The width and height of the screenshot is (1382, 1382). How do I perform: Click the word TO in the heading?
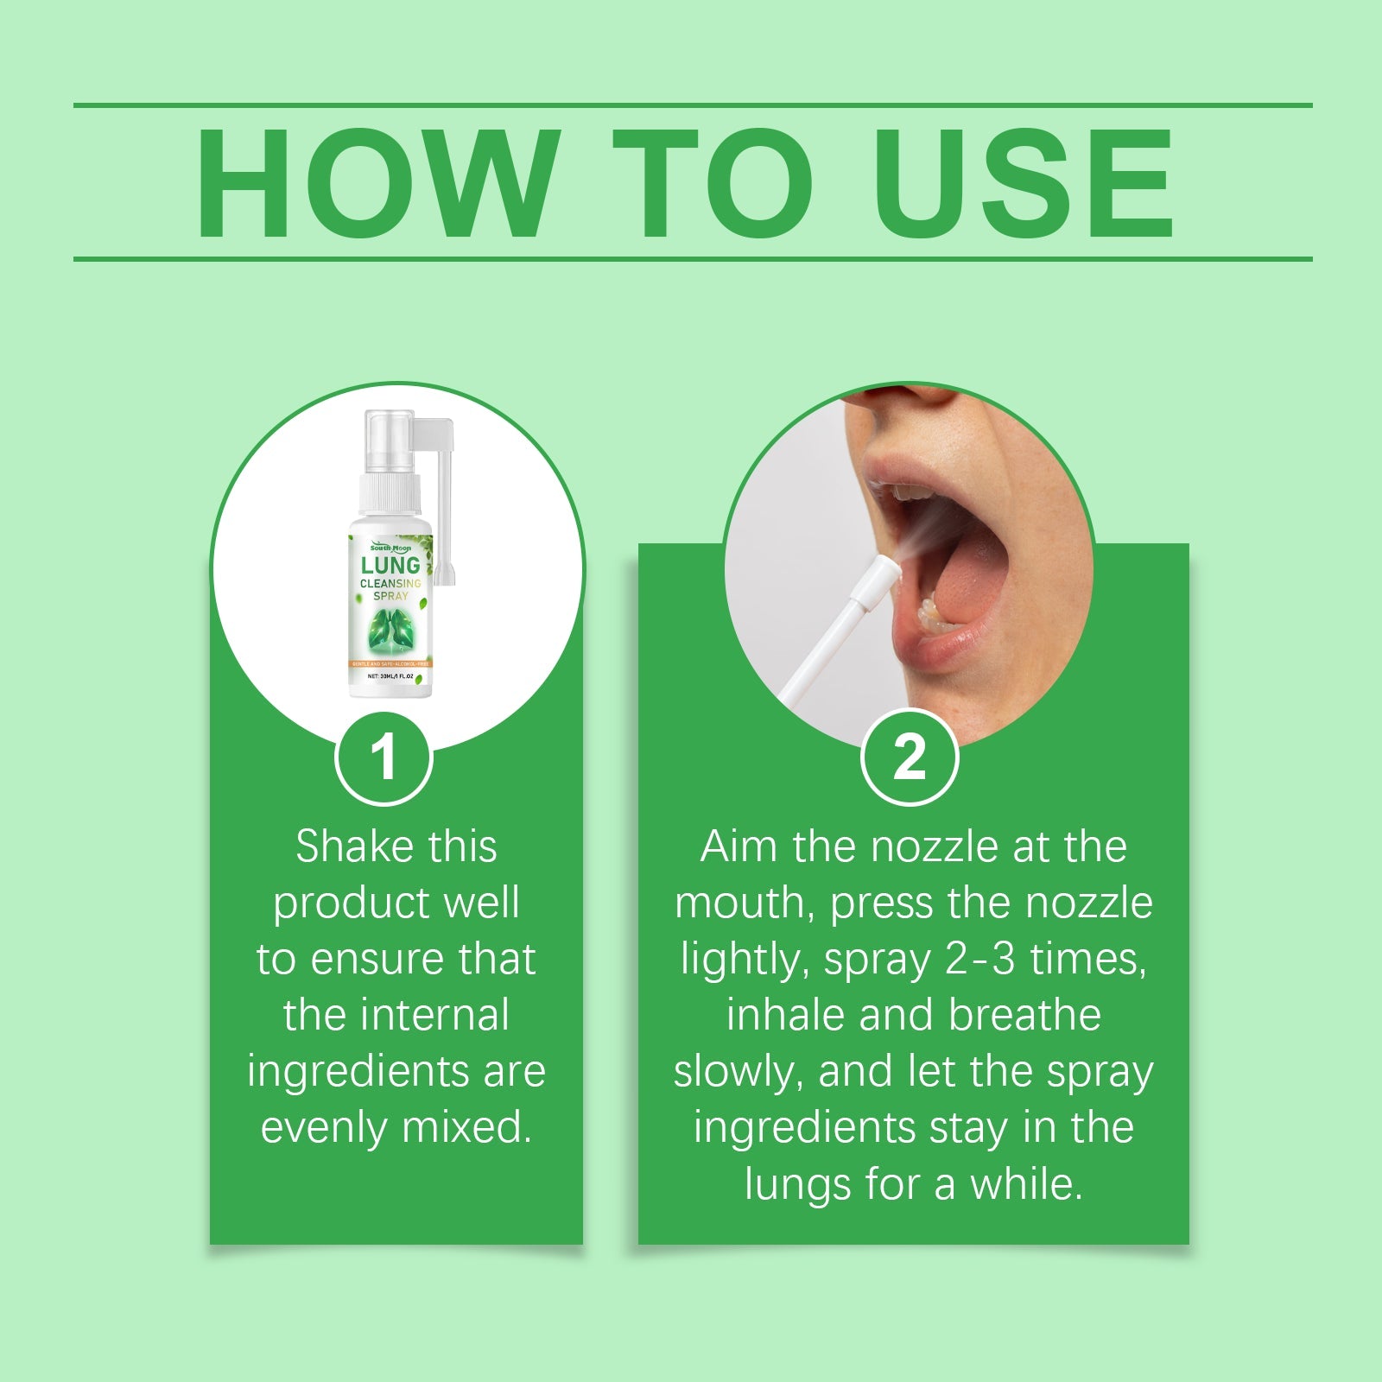click(713, 183)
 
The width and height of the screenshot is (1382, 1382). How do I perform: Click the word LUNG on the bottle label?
click(390, 566)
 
